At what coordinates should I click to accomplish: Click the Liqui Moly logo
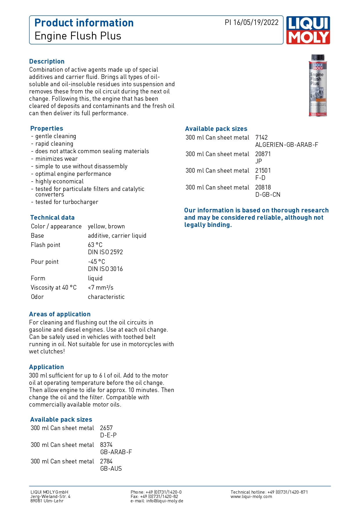308,30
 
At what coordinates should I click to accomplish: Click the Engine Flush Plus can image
318,86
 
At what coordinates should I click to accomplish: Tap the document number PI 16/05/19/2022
252,23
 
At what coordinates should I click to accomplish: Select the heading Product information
84,23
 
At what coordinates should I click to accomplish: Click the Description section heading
47,62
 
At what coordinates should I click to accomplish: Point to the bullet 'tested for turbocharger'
67,202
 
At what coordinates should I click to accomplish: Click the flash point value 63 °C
95,245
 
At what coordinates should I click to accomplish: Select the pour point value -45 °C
96,262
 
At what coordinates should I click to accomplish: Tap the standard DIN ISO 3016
105,269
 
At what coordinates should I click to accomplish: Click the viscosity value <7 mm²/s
100,288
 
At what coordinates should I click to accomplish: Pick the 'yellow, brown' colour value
106,226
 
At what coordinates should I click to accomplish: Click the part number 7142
261,138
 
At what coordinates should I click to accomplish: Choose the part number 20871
263,154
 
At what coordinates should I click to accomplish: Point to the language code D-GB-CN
268,195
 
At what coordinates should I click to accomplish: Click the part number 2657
106,428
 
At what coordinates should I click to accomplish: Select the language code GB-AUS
111,469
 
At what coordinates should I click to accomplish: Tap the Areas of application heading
60,314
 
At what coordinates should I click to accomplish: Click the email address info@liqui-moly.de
164,501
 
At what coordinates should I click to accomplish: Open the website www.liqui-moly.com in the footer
251,497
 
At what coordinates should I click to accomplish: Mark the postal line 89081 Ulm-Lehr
47,501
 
